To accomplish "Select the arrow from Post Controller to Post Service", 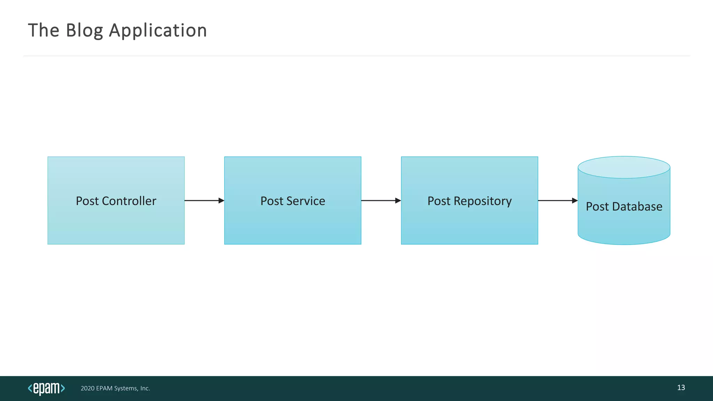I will click(x=204, y=200).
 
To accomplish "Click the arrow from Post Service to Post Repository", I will click(x=381, y=200).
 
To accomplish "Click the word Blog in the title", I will click(x=84, y=31).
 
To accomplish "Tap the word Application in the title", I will click(x=158, y=31).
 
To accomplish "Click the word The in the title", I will click(x=44, y=31).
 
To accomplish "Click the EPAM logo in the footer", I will click(x=46, y=388).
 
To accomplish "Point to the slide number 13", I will click(x=681, y=388).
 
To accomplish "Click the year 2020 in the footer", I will click(x=87, y=388).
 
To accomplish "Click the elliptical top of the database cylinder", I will click(x=624, y=167).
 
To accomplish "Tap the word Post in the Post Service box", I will click(x=272, y=201).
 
